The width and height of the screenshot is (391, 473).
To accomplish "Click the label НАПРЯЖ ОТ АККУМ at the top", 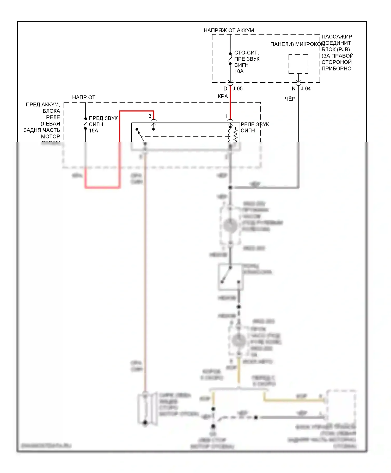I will click(x=229, y=30).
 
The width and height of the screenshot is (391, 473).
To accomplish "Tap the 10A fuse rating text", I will click(x=239, y=71).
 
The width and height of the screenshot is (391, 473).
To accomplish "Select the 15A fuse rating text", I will click(x=93, y=131).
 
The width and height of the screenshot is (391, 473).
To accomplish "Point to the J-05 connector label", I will click(x=237, y=89).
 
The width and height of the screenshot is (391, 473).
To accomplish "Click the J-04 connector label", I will click(x=306, y=89).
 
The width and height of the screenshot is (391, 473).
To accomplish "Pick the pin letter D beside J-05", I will click(x=225, y=89).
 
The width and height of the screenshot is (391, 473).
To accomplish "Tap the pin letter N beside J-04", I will click(x=294, y=89).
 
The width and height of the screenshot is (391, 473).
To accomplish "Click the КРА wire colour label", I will click(x=223, y=96).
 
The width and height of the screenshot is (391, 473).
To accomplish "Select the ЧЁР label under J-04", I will click(x=290, y=99).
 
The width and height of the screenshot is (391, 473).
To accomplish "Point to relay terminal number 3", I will click(x=150, y=116).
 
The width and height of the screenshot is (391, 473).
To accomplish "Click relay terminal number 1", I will click(x=227, y=116).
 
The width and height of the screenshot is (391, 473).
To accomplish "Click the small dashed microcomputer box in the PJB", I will click(x=298, y=64).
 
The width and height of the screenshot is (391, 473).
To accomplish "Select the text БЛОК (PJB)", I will click(x=336, y=49).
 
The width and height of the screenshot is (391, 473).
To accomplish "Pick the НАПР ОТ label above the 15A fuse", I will click(x=84, y=98).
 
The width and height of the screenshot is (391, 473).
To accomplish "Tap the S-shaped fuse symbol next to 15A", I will click(x=85, y=124).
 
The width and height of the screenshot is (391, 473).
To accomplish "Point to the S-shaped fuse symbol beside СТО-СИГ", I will click(x=230, y=59).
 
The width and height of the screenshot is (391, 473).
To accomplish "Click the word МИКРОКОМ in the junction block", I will click(x=310, y=44).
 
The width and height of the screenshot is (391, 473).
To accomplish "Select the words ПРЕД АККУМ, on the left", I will click(x=43, y=105).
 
